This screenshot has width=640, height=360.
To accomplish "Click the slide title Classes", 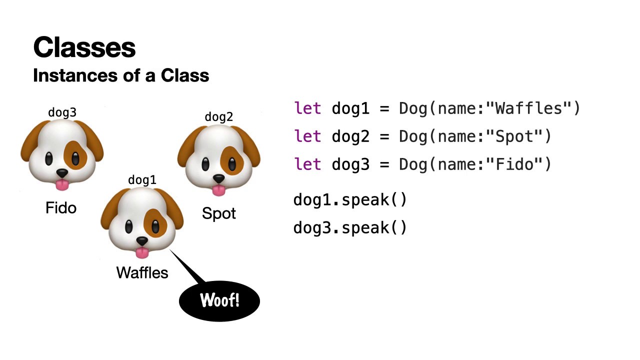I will click(x=84, y=47).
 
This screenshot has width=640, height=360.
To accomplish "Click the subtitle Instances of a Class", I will click(x=121, y=75).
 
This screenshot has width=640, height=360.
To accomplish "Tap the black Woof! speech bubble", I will click(x=219, y=300).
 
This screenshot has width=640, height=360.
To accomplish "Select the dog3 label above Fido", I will click(x=62, y=112).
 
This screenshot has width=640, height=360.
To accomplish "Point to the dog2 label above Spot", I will click(x=219, y=117).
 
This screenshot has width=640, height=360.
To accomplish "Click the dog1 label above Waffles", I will click(x=142, y=180).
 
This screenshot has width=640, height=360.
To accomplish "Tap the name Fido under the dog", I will click(x=61, y=207).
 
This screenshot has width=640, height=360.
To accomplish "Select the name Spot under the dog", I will click(x=219, y=214).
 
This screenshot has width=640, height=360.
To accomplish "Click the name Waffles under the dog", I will click(x=142, y=272).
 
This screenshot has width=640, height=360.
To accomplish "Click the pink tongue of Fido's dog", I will click(x=62, y=185).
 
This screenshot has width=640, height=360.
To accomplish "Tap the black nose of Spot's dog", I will click(x=219, y=178).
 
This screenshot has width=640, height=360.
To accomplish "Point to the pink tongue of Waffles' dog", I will click(x=142, y=252).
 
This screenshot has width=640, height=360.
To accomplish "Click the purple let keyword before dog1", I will click(x=307, y=108).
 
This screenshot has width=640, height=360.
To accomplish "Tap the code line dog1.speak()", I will click(x=350, y=200).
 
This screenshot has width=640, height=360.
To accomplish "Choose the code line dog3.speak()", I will click(x=350, y=228).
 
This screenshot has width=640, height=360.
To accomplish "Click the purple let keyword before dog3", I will click(x=307, y=164).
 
